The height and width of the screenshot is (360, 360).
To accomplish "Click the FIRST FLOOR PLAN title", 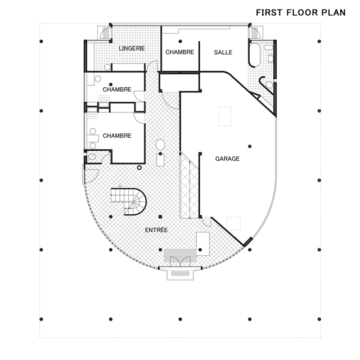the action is tap(301, 12).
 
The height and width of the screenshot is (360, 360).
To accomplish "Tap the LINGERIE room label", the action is tap(132, 48).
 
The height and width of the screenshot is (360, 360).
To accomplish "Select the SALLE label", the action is tap(223, 52).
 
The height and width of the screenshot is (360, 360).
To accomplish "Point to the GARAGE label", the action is tap(227, 159).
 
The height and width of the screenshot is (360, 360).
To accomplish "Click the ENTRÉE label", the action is tap(156, 230).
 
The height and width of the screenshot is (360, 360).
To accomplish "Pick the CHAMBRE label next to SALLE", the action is tap(180, 52).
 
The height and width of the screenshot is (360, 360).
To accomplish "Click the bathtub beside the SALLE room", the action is tap(254, 55).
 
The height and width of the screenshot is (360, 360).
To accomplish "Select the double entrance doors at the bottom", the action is tap(180, 262).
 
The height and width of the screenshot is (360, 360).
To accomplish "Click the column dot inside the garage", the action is tap(250, 146).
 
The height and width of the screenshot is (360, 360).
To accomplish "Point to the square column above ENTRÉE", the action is tap(160, 217).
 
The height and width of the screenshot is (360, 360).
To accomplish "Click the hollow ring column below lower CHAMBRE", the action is tap(139, 168).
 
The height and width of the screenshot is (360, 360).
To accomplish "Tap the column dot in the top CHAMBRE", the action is tap(180, 41).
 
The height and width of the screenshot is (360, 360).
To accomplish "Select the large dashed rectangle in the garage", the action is tap(225, 116).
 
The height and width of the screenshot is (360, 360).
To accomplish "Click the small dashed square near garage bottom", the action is tap(234, 223).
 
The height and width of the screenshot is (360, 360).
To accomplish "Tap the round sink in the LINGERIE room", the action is tap(107, 67).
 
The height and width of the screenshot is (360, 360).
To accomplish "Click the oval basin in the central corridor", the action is tap(160, 145).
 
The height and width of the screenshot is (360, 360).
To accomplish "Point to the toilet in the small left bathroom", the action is tap(92, 157).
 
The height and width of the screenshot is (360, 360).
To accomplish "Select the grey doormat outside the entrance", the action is tap(180, 273).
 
